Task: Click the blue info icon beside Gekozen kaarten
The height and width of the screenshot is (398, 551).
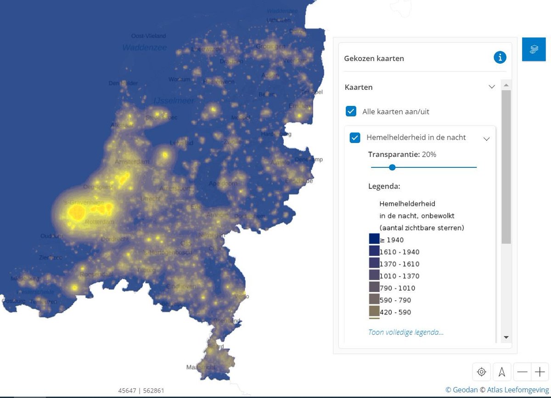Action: [x=500, y=57]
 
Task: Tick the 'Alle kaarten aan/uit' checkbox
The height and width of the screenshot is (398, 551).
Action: [x=351, y=111]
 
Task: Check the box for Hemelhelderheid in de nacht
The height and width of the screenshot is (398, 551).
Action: [x=355, y=138]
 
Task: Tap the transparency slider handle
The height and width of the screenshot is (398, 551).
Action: [x=392, y=167]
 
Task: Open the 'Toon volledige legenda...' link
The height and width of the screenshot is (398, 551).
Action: [x=406, y=332]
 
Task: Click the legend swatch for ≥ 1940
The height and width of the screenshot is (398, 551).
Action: [x=374, y=239]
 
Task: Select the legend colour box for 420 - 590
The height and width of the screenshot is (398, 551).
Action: [x=374, y=312]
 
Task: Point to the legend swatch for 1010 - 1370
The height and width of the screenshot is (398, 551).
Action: [x=374, y=276]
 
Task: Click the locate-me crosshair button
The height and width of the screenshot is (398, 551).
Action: [x=481, y=372]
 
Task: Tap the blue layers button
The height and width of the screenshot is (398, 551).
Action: [x=534, y=49]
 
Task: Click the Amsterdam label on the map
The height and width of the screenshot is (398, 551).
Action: [x=132, y=162]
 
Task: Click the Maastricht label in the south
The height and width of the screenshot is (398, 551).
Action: [x=201, y=367]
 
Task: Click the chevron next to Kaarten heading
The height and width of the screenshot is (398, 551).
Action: [x=492, y=87]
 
